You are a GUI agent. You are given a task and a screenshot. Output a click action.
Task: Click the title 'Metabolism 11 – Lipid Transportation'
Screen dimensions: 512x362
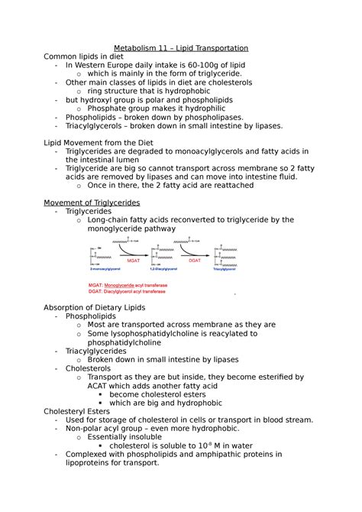181,48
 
